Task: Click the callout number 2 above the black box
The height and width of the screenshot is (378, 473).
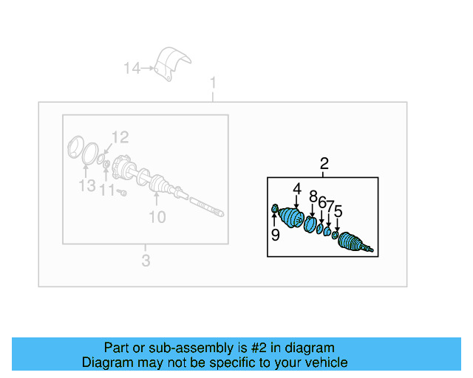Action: click(x=324, y=164)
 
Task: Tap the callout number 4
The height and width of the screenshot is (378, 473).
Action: click(x=296, y=189)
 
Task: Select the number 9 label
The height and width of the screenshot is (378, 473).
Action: click(x=275, y=235)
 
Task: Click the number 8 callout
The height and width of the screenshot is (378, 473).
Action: click(x=313, y=196)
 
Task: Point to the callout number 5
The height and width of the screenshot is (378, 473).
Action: click(x=338, y=212)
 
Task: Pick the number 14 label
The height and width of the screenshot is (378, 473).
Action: click(x=132, y=69)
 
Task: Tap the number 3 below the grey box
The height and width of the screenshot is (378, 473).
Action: click(x=146, y=260)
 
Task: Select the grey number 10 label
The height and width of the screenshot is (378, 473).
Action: click(x=157, y=216)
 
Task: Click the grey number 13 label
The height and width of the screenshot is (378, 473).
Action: click(x=87, y=185)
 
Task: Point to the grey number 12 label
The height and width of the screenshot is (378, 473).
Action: click(x=120, y=137)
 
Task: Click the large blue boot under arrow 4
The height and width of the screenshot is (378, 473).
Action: click(x=293, y=218)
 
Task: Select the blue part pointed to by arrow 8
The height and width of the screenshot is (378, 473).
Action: click(x=311, y=223)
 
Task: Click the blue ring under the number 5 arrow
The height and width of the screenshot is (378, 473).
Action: click(x=336, y=236)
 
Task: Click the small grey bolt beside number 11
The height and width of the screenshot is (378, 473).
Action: click(x=123, y=192)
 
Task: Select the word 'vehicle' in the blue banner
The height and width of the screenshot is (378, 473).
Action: click(x=323, y=362)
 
